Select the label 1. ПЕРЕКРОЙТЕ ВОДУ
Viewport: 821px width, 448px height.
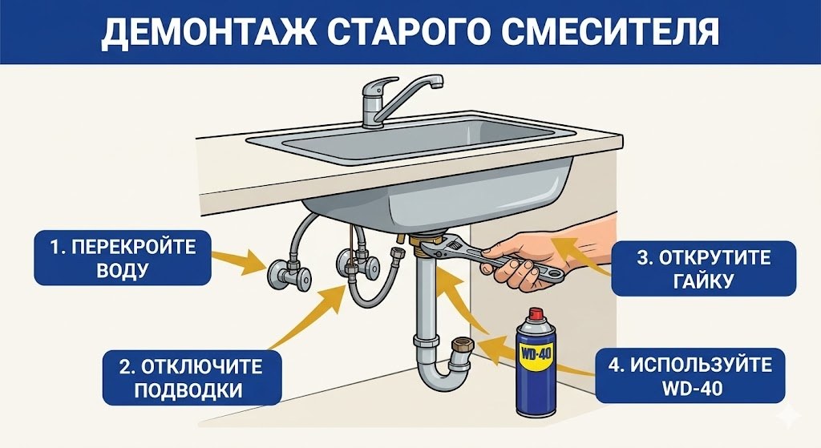(x=122, y=257)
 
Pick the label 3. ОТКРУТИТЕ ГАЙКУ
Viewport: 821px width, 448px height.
(x=703, y=269)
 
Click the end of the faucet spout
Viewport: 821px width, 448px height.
(x=437, y=83)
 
